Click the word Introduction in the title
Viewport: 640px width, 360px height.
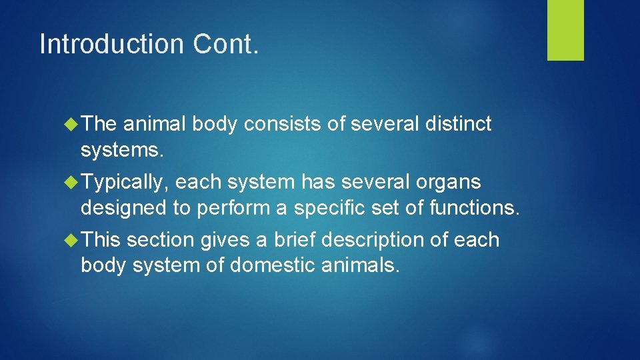[111, 44]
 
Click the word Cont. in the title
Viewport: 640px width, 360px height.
[225, 44]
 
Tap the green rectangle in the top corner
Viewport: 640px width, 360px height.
[565, 30]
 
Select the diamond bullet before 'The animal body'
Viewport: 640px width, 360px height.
[73, 124]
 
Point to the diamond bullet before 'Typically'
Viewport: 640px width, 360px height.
[73, 182]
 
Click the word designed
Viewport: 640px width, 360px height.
[124, 209]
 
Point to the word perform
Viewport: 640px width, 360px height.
[235, 209]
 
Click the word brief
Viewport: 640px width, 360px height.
[303, 240]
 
